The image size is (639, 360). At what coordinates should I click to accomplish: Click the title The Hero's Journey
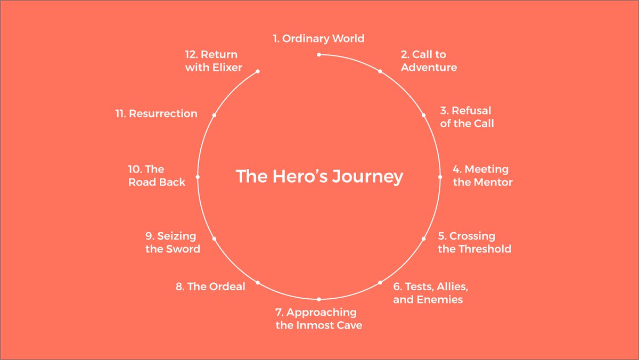click(319, 176)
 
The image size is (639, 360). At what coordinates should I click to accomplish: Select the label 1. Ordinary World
click(318, 38)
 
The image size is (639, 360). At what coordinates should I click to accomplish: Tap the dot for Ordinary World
click(319, 54)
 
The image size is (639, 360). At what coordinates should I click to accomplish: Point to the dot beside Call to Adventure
click(380, 71)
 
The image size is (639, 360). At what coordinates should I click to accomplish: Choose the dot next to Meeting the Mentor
click(440, 177)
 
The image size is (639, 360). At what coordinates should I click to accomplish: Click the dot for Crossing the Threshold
click(424, 238)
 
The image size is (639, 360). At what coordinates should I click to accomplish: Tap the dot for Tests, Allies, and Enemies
click(380, 282)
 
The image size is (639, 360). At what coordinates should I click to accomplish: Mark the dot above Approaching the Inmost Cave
click(319, 299)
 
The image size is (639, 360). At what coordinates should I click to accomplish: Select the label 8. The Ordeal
click(210, 287)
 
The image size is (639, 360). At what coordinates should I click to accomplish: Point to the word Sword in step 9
click(183, 249)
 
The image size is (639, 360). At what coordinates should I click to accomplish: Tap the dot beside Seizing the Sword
click(214, 238)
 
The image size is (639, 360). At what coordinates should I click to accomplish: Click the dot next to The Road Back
click(198, 177)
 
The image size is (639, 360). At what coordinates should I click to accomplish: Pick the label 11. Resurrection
click(157, 113)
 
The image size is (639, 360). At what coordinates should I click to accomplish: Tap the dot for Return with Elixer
click(258, 71)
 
